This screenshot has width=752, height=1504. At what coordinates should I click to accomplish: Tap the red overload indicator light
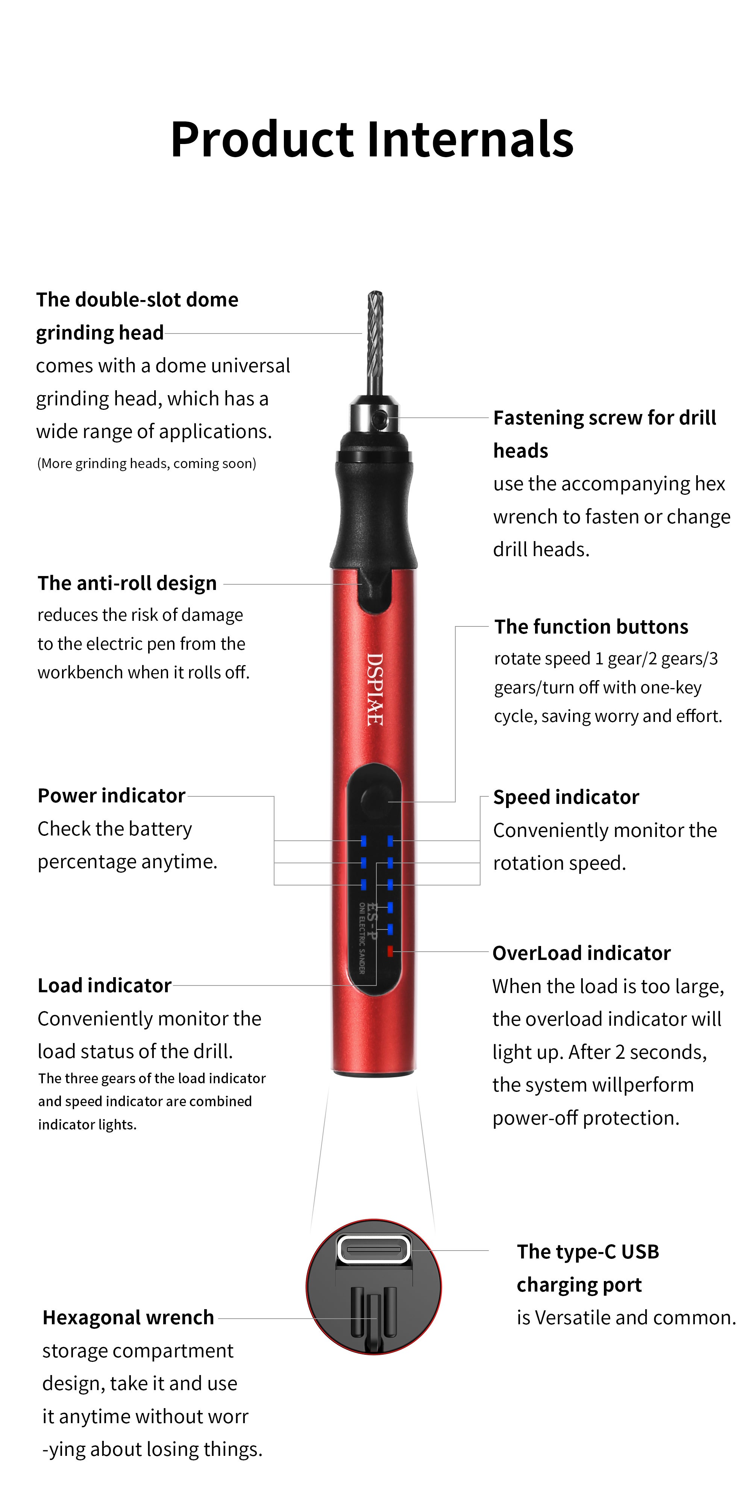click(x=390, y=951)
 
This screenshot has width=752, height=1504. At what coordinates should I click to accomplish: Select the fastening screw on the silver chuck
click(x=381, y=418)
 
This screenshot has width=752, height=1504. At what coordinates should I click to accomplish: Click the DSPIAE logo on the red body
click(x=374, y=689)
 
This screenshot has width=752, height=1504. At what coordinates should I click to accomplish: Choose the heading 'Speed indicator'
click(x=566, y=797)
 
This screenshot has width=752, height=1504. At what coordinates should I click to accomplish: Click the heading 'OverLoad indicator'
click(x=582, y=953)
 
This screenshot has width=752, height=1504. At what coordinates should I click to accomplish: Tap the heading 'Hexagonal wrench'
click(x=128, y=1318)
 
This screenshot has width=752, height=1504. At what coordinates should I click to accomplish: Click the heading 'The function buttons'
click(x=591, y=626)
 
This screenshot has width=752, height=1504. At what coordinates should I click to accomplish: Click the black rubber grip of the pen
click(x=374, y=502)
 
